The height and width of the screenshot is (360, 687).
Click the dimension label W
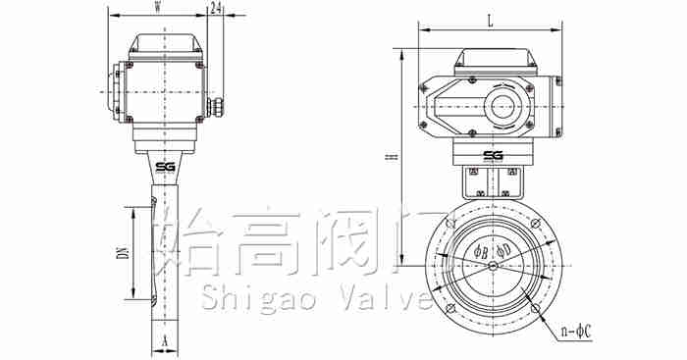point(157,8)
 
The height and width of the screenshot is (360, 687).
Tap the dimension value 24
point(215,8)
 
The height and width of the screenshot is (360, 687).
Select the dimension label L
point(491,22)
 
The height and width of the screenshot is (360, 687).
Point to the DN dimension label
point(124,253)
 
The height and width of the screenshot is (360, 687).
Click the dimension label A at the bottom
point(165,340)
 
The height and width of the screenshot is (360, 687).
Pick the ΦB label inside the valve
point(480,252)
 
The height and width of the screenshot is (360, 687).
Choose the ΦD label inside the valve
point(503,251)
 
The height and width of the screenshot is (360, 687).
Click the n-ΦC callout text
point(577,333)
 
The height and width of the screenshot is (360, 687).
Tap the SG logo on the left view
point(165,167)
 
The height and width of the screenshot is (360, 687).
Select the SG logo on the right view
point(493,156)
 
